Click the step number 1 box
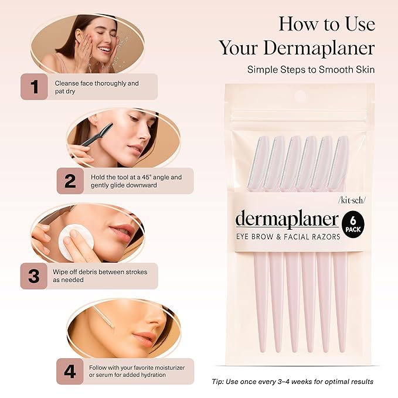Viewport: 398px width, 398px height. point(35,87)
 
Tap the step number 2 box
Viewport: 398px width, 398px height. point(70,181)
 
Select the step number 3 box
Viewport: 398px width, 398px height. point(35,275)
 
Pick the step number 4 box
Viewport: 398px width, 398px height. point(70,371)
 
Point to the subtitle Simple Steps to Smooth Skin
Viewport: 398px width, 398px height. point(310,69)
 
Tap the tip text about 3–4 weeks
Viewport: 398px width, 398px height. point(292,382)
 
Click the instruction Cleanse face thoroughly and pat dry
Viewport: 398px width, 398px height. point(97,87)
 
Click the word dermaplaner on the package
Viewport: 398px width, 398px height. point(287,219)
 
